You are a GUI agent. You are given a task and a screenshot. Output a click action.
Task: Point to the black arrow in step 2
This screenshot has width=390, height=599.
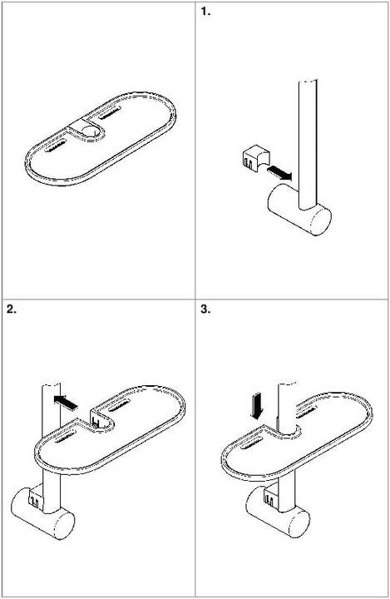[x=69, y=402]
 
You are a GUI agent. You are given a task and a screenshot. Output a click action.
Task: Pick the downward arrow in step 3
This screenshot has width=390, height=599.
[x=258, y=405]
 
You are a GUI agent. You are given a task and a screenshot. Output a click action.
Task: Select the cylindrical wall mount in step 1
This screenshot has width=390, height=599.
[x=299, y=214]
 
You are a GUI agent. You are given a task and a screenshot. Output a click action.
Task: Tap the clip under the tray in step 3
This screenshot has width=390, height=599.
[x=271, y=498]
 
